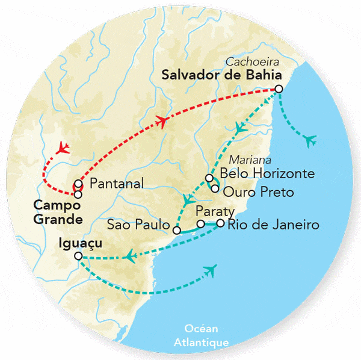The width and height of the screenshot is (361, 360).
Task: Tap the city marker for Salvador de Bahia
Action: (279, 89)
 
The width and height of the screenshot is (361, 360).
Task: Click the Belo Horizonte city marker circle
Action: (209, 178)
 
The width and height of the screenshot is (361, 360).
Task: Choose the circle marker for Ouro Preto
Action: (215, 188)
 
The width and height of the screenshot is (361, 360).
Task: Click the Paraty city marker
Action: (201, 224)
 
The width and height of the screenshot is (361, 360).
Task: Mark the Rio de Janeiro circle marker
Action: (220, 223)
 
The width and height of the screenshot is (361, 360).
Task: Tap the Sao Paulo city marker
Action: (177, 230)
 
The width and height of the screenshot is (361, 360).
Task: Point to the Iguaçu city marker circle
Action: (78, 256)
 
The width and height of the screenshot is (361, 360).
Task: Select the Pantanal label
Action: (116, 184)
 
